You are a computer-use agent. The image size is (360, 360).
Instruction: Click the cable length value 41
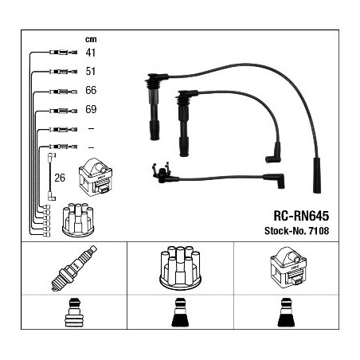(x=90, y=53)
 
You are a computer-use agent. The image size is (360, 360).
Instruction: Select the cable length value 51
(x=90, y=71)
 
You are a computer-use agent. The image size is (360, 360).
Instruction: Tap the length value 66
(x=91, y=90)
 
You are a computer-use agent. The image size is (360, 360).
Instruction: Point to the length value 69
(x=91, y=109)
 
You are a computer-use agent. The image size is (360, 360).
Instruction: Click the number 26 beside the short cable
(x=60, y=178)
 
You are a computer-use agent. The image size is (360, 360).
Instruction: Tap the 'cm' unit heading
(x=91, y=40)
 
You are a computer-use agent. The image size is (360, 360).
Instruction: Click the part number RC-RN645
(x=301, y=216)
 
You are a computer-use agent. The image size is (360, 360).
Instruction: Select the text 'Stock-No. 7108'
(x=297, y=231)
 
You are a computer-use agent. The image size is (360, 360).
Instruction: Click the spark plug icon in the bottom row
(x=74, y=268)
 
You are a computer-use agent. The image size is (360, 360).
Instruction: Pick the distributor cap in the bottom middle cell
(x=181, y=268)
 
